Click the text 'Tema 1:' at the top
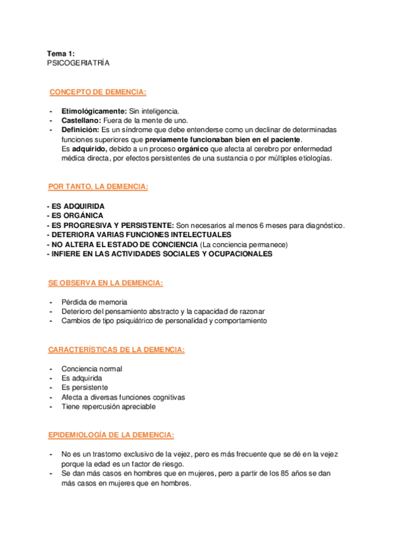[x=61, y=53]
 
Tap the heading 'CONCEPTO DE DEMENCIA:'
[x=98, y=92]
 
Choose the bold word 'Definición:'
[x=81, y=130]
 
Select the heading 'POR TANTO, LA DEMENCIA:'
[x=99, y=187]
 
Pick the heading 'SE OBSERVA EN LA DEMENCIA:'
[x=105, y=283]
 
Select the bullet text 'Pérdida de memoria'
[x=94, y=302]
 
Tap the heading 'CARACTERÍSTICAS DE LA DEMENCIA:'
[x=116, y=350]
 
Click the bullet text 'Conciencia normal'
[x=91, y=369]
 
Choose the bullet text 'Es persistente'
[x=85, y=388]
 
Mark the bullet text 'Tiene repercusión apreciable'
[x=108, y=407]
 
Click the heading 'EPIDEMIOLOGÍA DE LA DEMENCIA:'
[x=111, y=435]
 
